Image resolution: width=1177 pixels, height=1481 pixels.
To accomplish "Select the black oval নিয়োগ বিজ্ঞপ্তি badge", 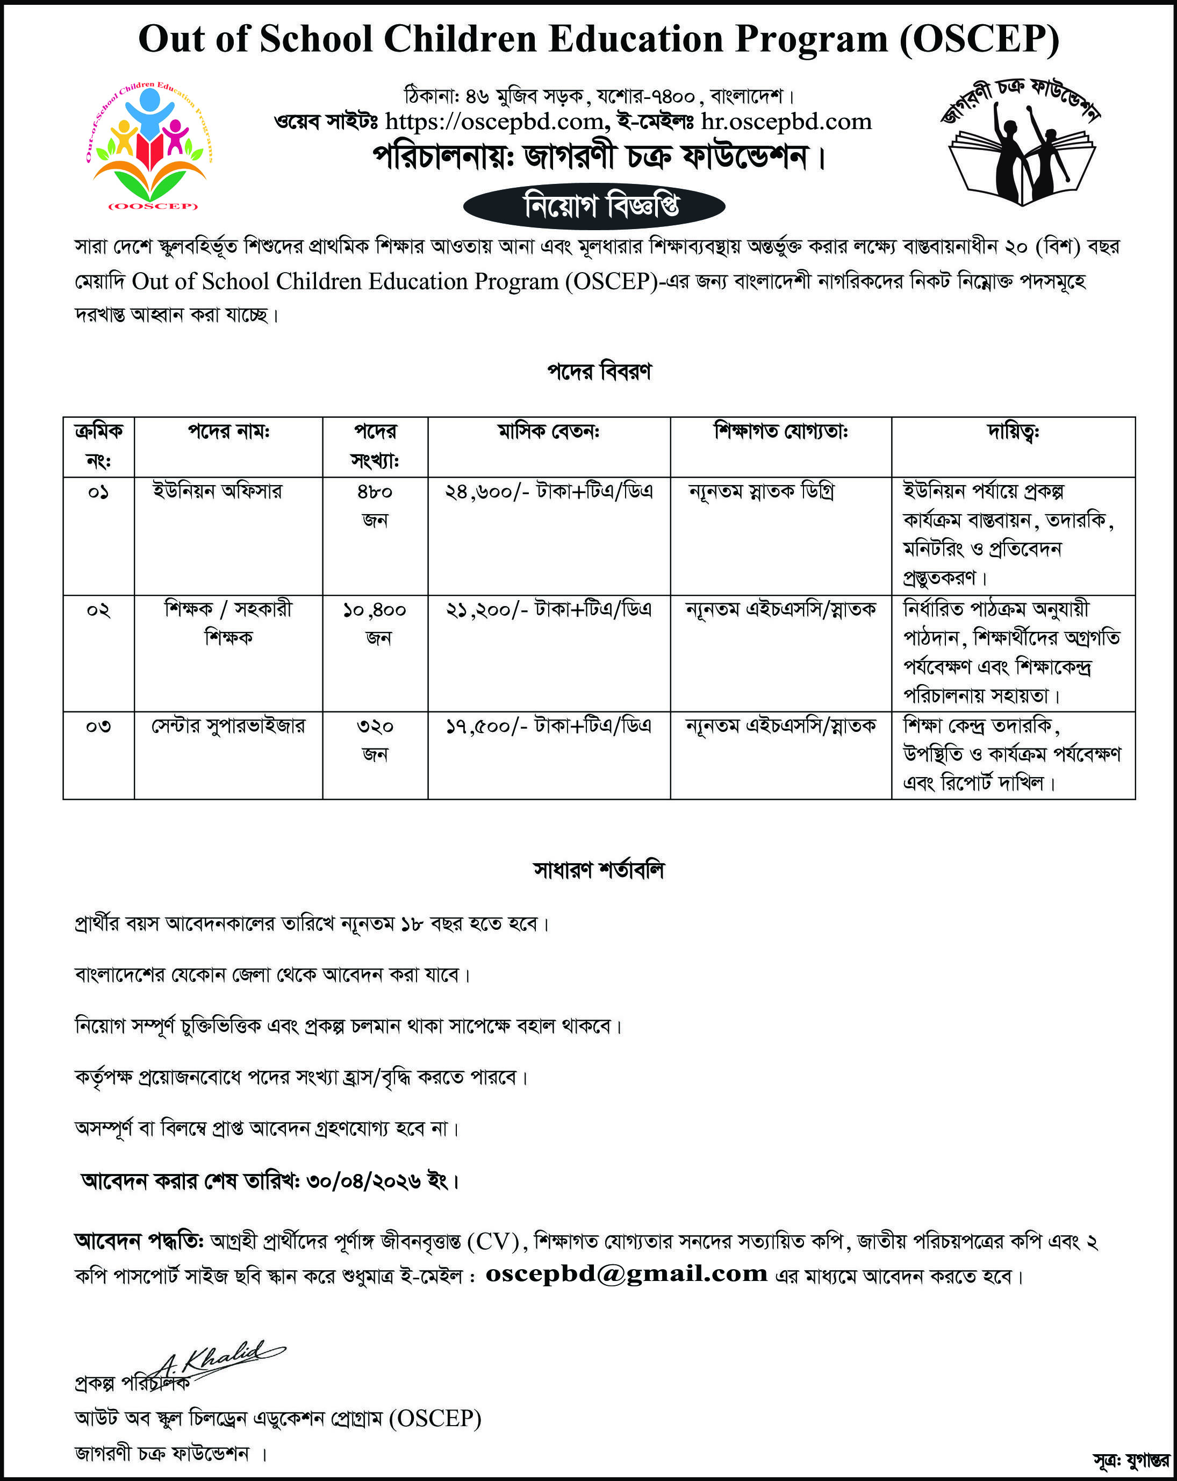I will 594,206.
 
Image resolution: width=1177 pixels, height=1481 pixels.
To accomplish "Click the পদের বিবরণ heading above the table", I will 599,372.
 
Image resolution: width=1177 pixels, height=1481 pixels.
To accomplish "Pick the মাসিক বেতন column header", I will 549,432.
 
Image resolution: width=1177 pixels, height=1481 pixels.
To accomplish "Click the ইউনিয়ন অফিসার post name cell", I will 217,492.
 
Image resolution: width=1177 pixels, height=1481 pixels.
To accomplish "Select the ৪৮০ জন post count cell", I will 375,505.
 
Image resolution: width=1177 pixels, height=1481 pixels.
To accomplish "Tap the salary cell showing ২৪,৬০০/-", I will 549,492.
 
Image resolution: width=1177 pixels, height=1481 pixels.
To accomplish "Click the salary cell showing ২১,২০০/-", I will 549,609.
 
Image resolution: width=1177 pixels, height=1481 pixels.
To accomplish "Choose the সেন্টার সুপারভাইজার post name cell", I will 228,726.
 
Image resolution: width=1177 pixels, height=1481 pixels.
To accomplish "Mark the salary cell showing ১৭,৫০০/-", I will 549,726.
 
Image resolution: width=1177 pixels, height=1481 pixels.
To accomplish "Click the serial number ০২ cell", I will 98,610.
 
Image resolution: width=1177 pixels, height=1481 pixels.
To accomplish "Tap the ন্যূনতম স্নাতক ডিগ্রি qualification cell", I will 761,492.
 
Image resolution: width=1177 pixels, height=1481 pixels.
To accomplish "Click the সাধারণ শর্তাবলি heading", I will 599,870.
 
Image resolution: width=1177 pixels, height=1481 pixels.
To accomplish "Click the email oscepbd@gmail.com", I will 626,1273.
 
